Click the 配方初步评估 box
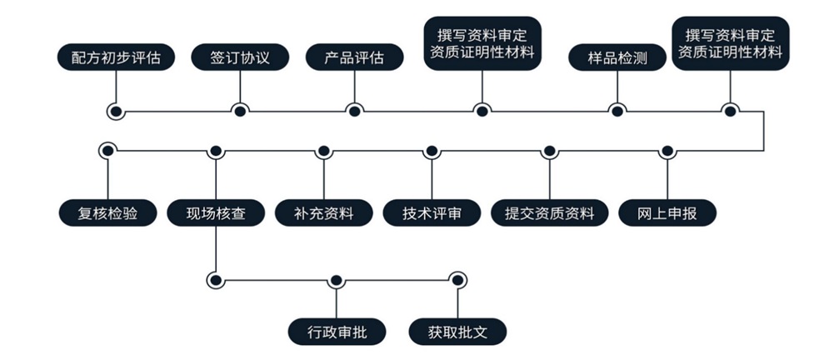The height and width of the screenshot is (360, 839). [117, 57]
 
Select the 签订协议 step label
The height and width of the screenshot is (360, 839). [240, 57]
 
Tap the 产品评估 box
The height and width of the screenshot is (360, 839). [354, 57]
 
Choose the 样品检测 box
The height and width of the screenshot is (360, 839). [617, 57]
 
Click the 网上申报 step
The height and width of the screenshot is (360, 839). [667, 213]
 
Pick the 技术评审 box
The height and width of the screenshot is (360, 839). [432, 213]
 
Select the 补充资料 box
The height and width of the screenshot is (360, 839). [324, 213]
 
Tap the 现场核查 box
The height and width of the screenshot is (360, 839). [216, 213]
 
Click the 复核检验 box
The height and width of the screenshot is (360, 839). [107, 213]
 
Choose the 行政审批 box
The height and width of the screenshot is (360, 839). [337, 332]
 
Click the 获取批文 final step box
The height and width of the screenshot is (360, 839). [457, 332]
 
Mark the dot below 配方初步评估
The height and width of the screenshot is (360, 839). [116, 110]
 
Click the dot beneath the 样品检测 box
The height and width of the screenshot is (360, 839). [617, 110]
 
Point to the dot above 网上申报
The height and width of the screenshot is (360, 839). [667, 151]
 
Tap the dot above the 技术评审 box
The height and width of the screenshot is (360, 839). [431, 151]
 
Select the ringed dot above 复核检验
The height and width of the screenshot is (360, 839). [107, 151]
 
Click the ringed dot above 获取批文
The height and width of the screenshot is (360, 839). [457, 280]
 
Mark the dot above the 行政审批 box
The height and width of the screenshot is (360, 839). [337, 280]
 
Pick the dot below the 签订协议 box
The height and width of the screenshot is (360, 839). [240, 110]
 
